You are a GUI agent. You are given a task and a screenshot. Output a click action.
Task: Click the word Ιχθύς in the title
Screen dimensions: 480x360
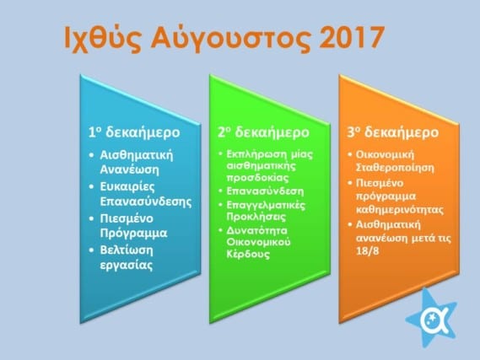(x=103, y=39)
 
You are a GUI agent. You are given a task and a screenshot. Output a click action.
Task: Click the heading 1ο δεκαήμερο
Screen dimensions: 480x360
(x=134, y=132)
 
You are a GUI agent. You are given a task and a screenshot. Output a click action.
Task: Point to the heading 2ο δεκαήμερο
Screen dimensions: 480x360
(x=263, y=132)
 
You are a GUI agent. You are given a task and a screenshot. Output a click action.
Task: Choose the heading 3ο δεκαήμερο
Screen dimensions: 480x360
(x=393, y=132)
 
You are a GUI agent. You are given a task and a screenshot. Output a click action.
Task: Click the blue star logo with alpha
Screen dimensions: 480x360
(x=431, y=319)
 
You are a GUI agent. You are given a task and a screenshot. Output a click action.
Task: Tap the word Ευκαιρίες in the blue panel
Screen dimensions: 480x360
(x=127, y=187)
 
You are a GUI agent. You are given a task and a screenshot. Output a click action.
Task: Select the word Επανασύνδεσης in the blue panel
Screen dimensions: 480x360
(x=146, y=201)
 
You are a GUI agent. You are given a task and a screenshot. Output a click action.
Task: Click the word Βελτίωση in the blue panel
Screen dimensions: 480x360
(x=127, y=250)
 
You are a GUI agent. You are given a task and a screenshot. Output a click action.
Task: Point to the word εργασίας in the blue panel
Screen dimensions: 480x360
(x=127, y=266)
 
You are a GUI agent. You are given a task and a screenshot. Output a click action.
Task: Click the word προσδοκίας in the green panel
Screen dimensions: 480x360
(x=257, y=178)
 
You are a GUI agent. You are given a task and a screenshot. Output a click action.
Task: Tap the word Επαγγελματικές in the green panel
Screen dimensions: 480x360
(x=266, y=205)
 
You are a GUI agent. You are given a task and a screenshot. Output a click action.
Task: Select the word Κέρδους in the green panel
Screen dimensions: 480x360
(x=248, y=254)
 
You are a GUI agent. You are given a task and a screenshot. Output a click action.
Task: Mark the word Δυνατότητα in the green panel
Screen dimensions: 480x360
(x=256, y=230)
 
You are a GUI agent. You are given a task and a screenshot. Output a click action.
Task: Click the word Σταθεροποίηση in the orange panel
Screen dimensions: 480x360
(x=395, y=168)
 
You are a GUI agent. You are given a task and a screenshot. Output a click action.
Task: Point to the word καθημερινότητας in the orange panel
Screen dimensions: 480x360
(x=400, y=210)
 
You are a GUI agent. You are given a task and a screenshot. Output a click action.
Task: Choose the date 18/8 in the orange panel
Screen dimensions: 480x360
(x=367, y=251)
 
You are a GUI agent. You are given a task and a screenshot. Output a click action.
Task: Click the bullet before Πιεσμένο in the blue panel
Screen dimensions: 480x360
(x=91, y=219)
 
